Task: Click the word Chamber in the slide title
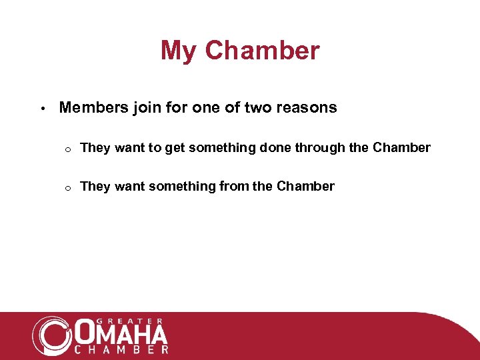tap(262, 51)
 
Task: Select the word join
tap(142, 108)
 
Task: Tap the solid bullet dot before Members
tap(41, 109)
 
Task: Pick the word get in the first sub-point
tap(175, 148)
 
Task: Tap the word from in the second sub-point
tap(234, 187)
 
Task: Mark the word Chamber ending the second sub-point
tap(305, 187)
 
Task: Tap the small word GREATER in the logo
tap(122, 321)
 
